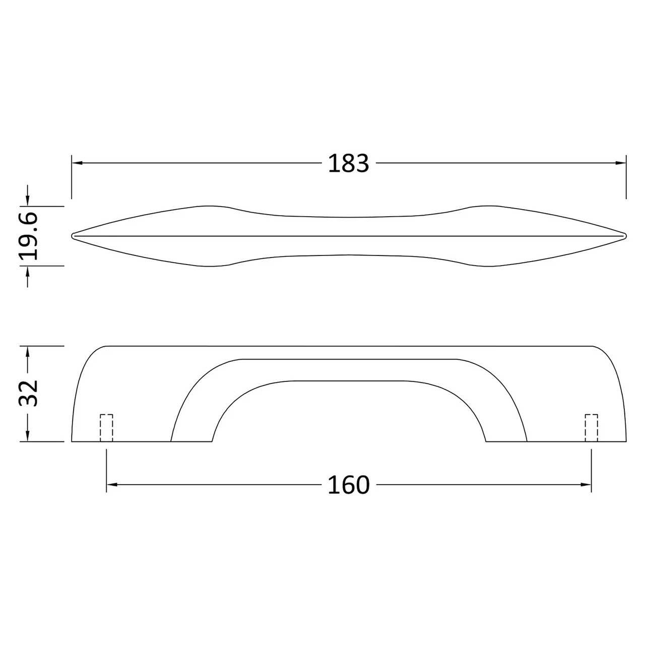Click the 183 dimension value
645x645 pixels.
coord(348,163)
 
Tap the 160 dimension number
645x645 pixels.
coord(348,485)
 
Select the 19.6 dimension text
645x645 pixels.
coord(30,236)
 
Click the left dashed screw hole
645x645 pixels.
coord(106,427)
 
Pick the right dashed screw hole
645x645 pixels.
coord(591,427)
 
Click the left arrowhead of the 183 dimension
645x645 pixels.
coord(77,163)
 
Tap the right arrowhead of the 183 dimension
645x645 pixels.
coord(621,163)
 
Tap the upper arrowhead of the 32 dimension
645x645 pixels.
coord(28,351)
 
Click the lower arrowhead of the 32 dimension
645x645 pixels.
coord(28,436)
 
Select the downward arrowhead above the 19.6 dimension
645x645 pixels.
coord(28,201)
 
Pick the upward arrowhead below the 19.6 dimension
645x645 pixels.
coord(28,271)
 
